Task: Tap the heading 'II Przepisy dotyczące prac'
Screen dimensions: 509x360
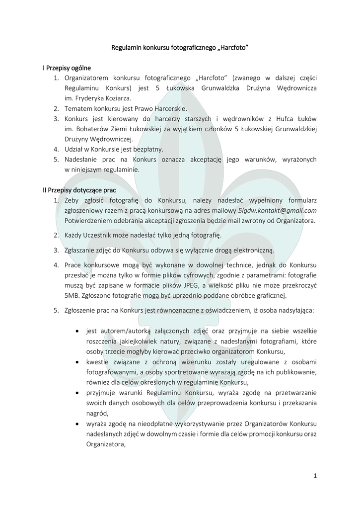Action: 79,190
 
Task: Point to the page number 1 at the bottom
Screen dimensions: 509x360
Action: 315,476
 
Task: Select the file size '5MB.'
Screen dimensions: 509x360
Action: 73,296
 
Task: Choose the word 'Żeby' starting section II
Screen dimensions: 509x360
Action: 72,200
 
